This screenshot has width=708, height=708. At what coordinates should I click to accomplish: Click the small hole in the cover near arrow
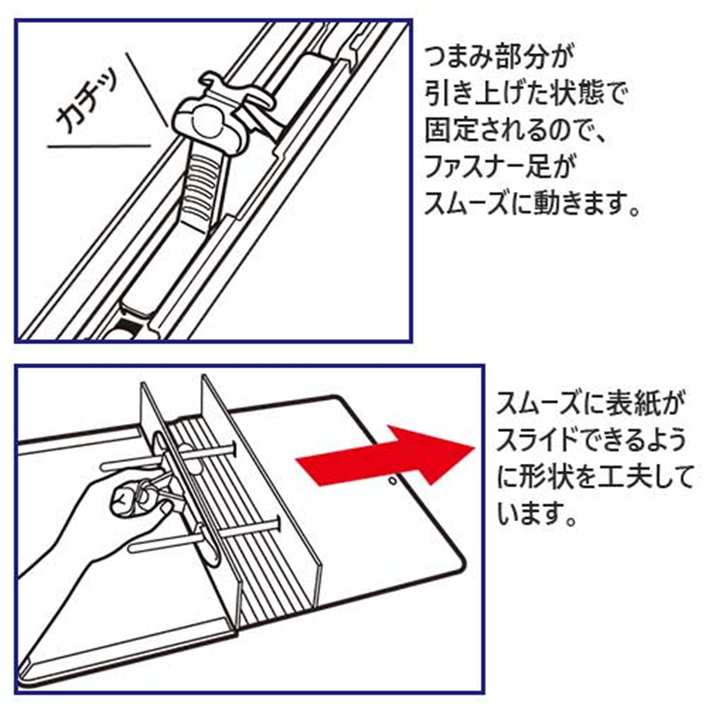click(392, 484)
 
